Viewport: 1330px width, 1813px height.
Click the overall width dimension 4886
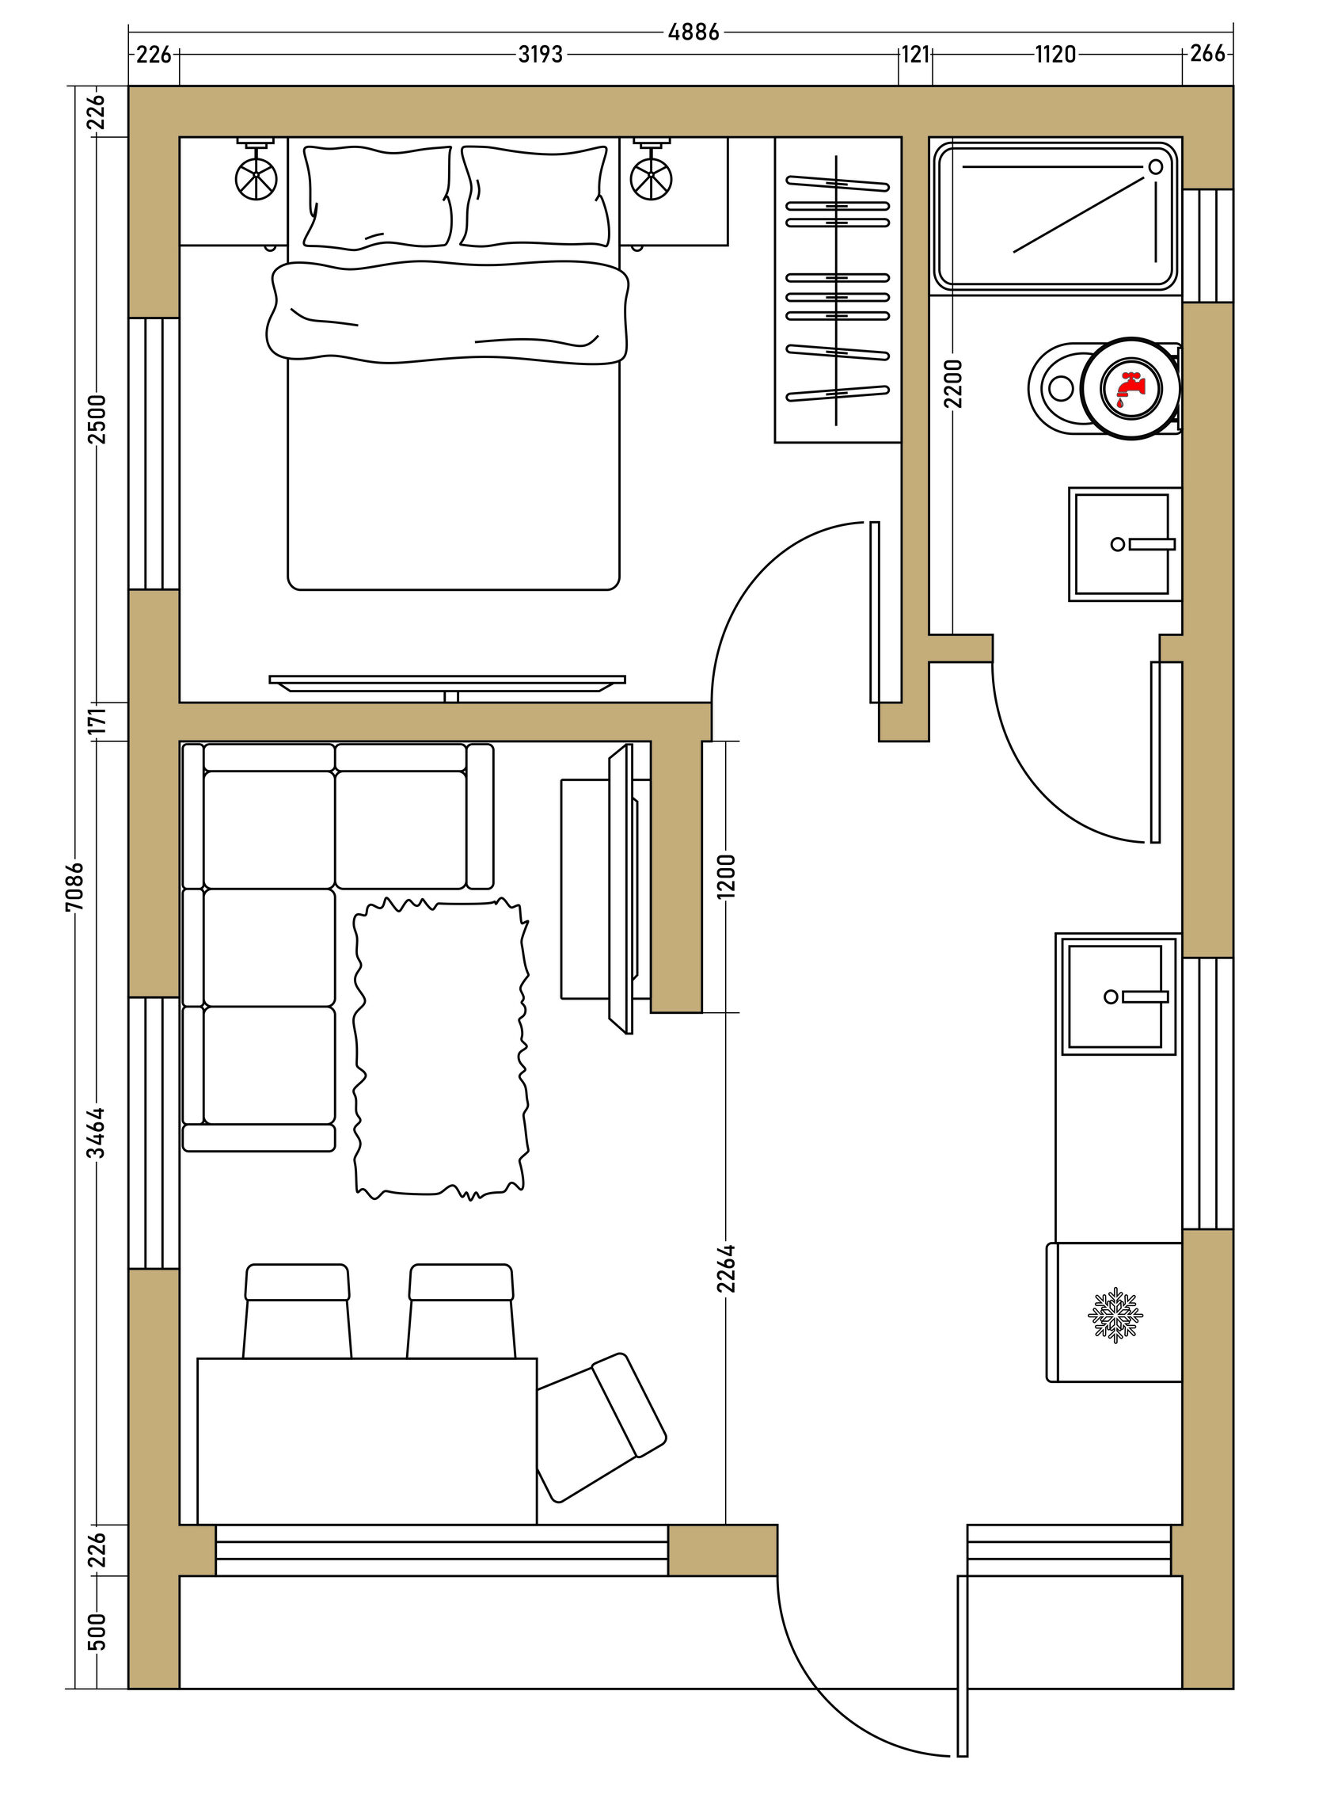(x=693, y=32)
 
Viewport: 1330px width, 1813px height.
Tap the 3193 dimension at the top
(x=540, y=54)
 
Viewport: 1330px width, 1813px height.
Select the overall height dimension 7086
(x=74, y=886)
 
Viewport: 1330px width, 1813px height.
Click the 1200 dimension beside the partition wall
(x=725, y=876)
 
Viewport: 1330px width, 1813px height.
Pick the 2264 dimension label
(x=725, y=1269)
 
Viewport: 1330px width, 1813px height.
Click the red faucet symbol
(x=1130, y=389)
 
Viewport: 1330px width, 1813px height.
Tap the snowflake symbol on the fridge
(x=1115, y=1315)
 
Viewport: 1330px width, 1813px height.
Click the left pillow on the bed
(x=376, y=196)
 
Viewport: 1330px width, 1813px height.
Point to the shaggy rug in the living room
(x=441, y=1049)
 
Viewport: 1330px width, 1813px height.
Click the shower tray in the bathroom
(x=1055, y=216)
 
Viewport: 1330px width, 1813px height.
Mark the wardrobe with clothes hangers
(x=838, y=290)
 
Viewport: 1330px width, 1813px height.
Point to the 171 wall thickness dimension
(x=96, y=721)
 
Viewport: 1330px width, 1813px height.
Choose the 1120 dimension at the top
(x=1055, y=54)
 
